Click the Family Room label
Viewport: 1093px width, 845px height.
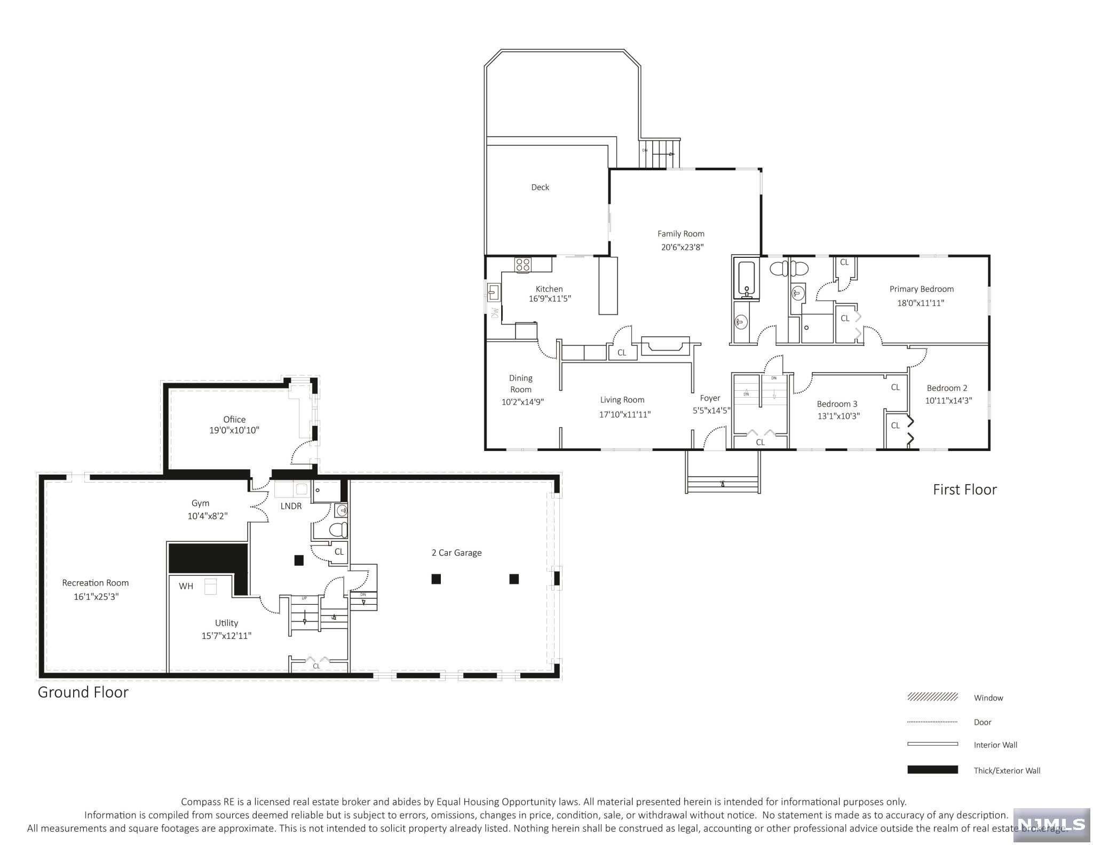point(680,234)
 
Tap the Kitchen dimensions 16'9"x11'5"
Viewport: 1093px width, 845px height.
point(550,299)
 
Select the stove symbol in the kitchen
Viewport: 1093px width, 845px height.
point(522,265)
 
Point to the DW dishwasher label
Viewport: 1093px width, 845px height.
point(495,313)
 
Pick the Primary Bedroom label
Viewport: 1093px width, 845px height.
point(921,289)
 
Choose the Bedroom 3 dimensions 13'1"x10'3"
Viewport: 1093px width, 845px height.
point(838,416)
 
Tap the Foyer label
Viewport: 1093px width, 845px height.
point(710,398)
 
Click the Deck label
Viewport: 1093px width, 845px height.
point(540,187)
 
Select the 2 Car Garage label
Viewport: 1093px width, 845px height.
point(456,553)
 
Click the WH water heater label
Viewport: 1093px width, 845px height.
point(186,586)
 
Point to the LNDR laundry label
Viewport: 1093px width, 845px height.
point(291,506)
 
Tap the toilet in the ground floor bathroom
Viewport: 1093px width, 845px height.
point(338,530)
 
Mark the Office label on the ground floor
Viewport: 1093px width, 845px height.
point(234,420)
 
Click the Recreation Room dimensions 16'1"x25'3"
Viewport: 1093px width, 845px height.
point(96,597)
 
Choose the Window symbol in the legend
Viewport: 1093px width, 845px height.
point(932,697)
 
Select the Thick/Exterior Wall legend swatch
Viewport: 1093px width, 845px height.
point(932,770)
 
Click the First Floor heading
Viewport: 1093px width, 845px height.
point(964,489)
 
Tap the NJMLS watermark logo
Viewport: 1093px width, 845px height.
point(1051,824)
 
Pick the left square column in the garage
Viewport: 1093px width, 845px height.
point(436,579)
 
